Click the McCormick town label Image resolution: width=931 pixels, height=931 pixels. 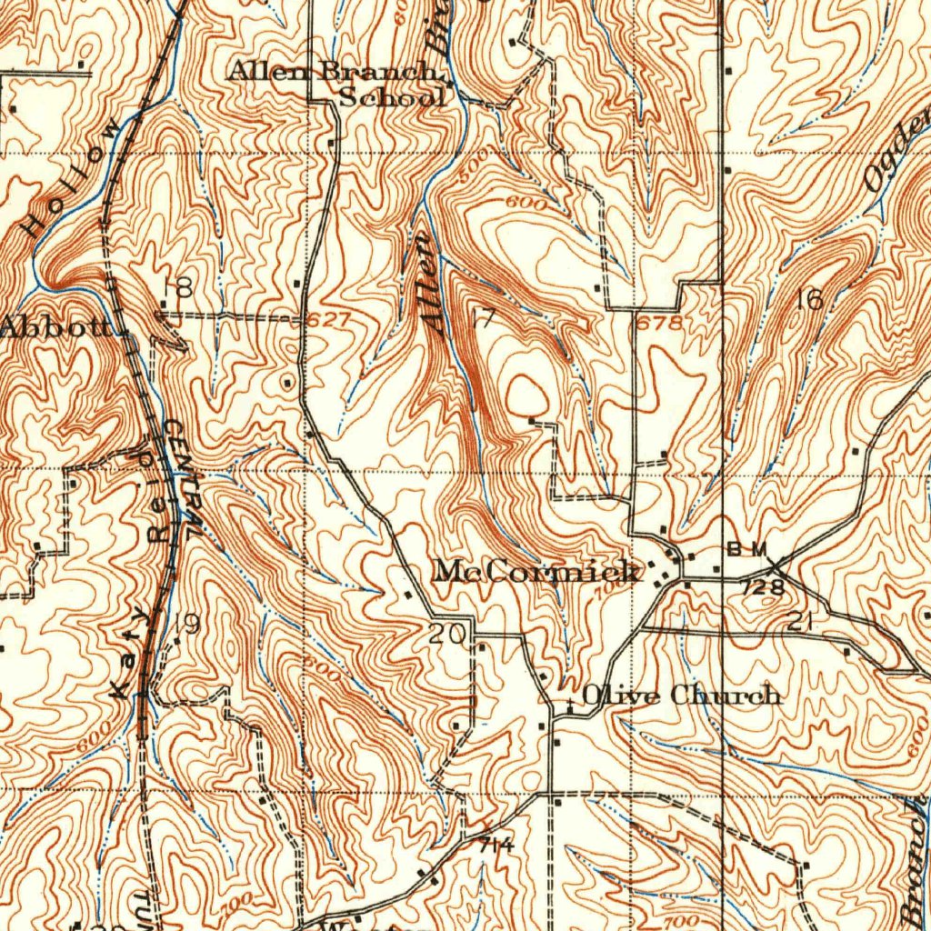pyautogui.click(x=536, y=572)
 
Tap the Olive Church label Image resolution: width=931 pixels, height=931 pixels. pyautogui.click(x=681, y=696)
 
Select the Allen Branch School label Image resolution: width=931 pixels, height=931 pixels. pyautogui.click(x=336, y=83)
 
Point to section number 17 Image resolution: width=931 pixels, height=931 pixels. pyautogui.click(x=484, y=318)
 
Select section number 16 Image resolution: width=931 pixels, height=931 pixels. pyautogui.click(x=808, y=299)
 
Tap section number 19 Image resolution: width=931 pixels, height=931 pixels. pyautogui.click(x=186, y=625)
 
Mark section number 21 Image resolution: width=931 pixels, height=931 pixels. pyautogui.click(x=800, y=623)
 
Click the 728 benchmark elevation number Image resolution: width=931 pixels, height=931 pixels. pyautogui.click(x=764, y=588)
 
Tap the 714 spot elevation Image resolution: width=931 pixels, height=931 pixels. pyautogui.click(x=496, y=846)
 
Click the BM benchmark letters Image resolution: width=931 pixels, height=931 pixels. pyautogui.click(x=747, y=549)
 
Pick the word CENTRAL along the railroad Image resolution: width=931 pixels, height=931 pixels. pyautogui.click(x=179, y=476)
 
